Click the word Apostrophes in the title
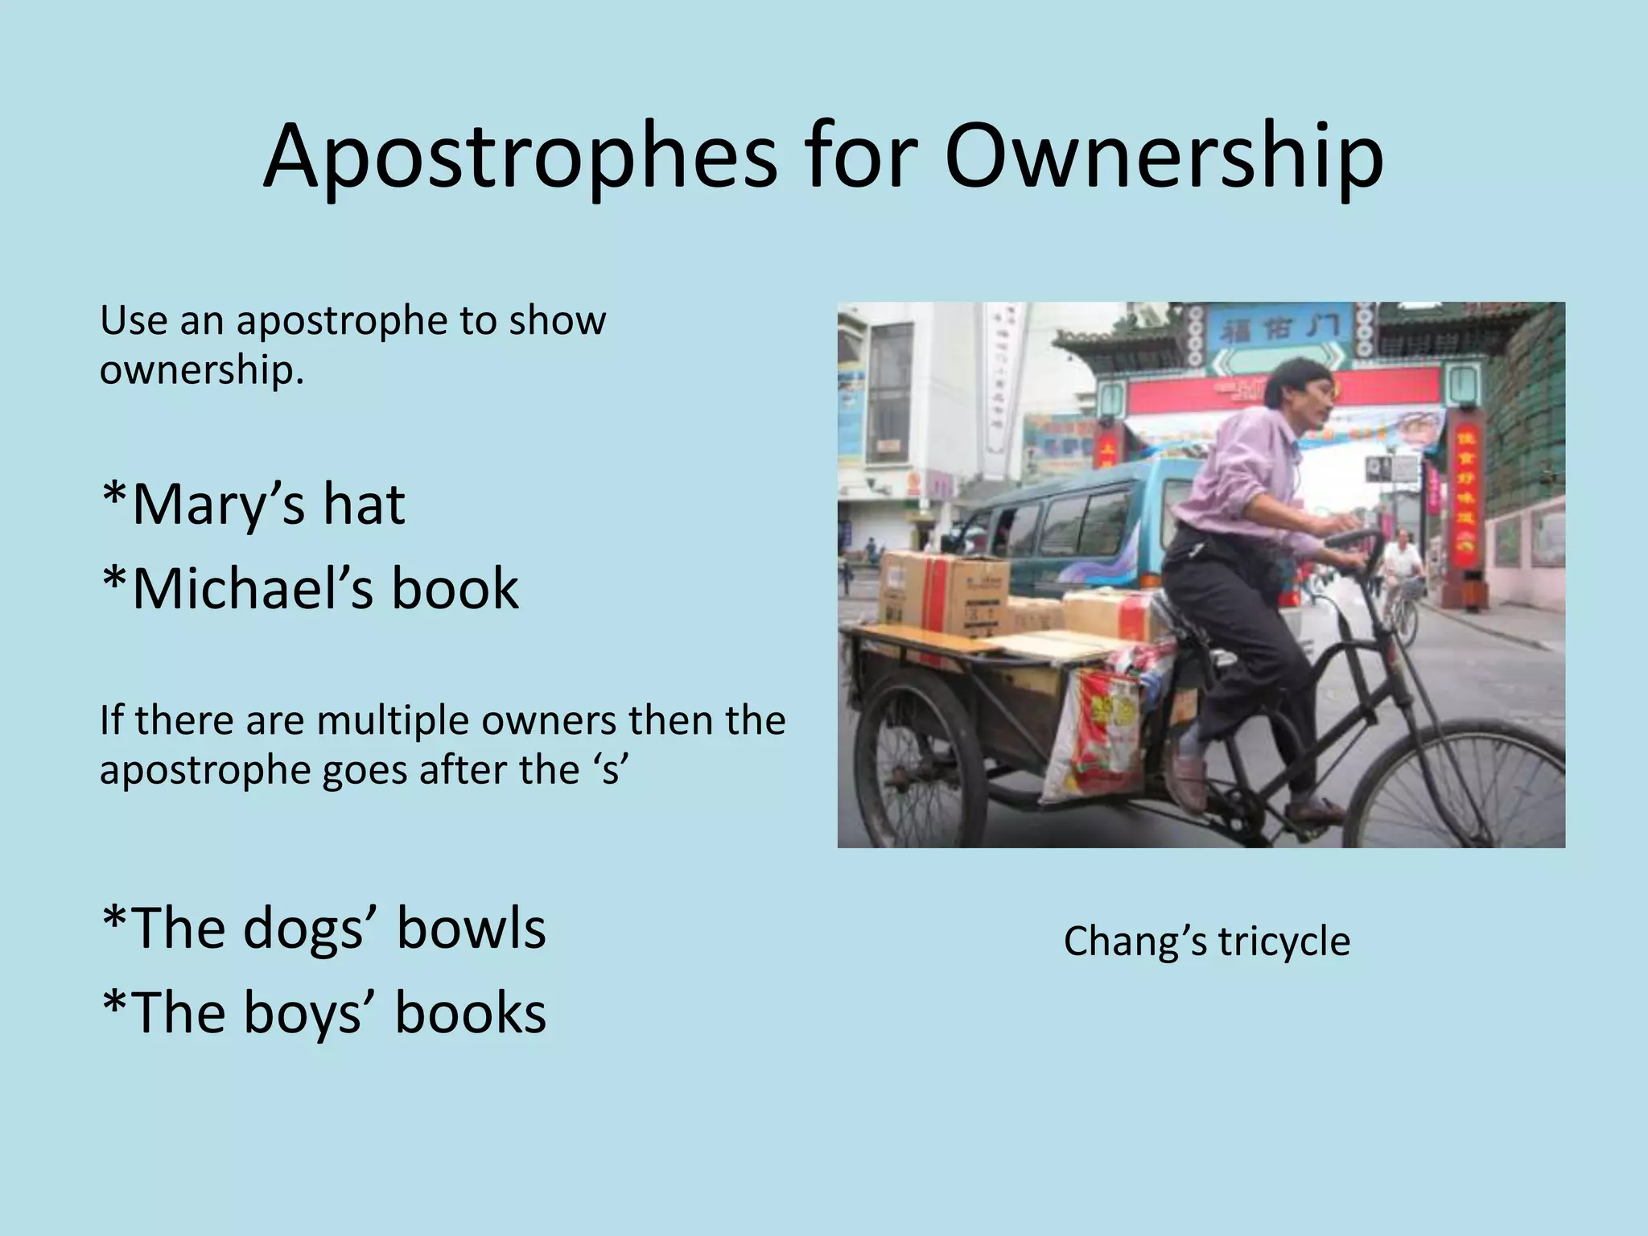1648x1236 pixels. click(520, 157)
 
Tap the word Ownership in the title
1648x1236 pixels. click(1164, 157)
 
